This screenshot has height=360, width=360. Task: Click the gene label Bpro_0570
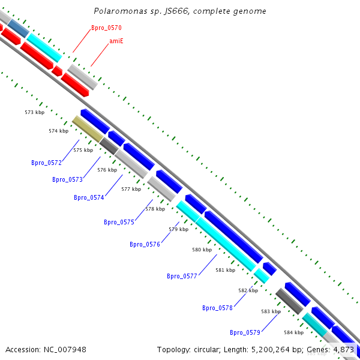(x=106, y=28)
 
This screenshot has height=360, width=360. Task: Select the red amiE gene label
(x=116, y=41)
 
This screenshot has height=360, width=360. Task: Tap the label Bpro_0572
(x=46, y=163)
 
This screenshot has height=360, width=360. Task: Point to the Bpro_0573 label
(x=67, y=179)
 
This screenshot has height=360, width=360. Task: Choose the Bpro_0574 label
(x=89, y=197)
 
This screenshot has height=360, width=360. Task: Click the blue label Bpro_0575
(x=119, y=222)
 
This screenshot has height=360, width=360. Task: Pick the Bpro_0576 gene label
(x=145, y=244)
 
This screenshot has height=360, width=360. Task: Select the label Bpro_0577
(x=182, y=276)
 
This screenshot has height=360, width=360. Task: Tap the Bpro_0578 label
(x=217, y=308)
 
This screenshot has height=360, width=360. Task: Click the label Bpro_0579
(x=245, y=332)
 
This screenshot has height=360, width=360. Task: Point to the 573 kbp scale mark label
(x=34, y=112)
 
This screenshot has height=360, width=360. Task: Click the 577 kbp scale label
(x=131, y=189)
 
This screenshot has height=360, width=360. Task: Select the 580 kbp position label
(x=202, y=250)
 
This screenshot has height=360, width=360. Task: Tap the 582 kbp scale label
(x=248, y=290)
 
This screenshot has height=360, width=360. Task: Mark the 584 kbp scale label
(x=293, y=332)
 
